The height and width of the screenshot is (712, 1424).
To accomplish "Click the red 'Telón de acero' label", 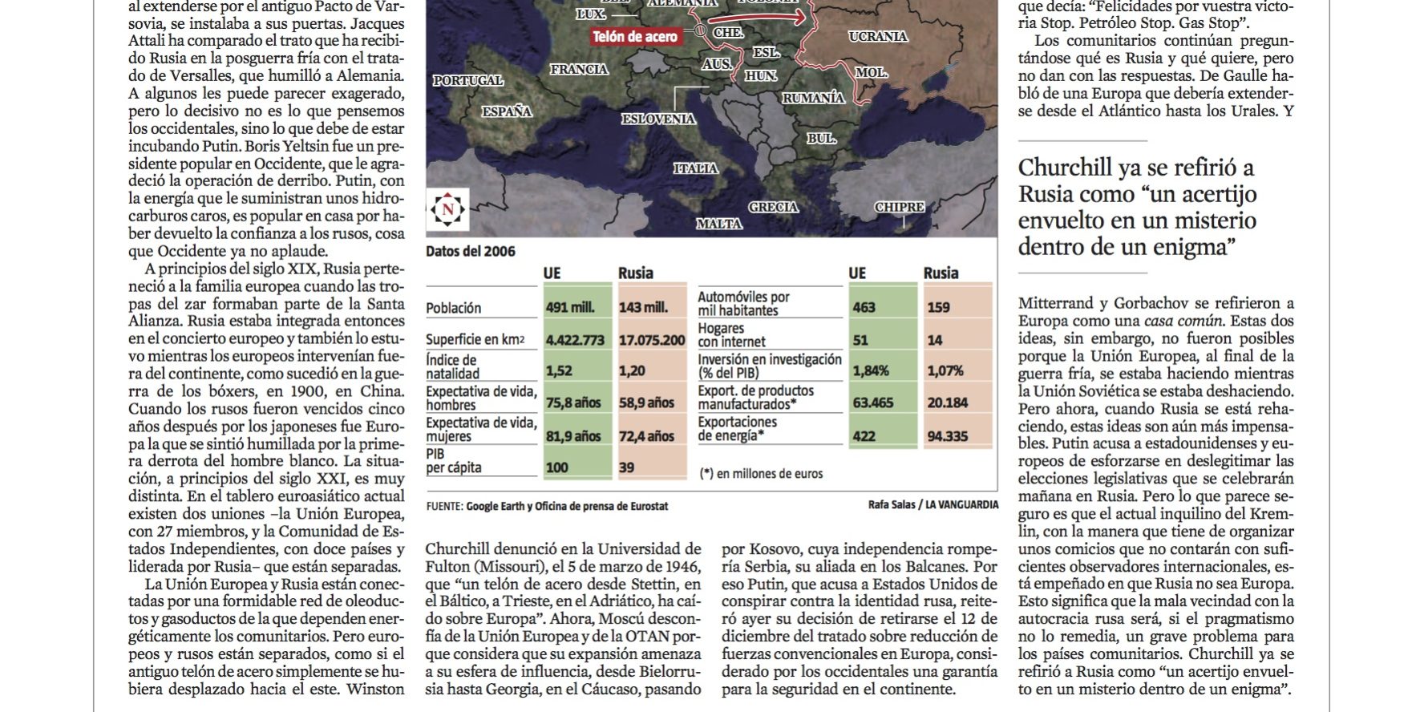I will pyautogui.click(x=635, y=36).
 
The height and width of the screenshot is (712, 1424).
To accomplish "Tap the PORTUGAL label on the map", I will pyautogui.click(x=468, y=80).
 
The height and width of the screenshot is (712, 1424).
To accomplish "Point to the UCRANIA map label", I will pyautogui.click(x=878, y=36).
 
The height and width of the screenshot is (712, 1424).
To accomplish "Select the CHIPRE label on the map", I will pyautogui.click(x=900, y=207).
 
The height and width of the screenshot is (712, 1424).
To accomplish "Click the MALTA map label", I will pyautogui.click(x=718, y=224).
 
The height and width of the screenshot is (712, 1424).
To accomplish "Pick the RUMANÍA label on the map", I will pyautogui.click(x=813, y=98).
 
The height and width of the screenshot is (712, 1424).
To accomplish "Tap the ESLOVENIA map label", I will pyautogui.click(x=658, y=119).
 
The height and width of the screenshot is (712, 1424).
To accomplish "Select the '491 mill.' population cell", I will pyautogui.click(x=568, y=308).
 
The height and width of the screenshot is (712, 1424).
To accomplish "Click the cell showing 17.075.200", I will pyautogui.click(x=651, y=340).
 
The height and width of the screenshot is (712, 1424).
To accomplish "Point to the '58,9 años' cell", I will pyautogui.click(x=647, y=403).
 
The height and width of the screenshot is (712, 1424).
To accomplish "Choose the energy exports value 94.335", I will pyautogui.click(x=947, y=436).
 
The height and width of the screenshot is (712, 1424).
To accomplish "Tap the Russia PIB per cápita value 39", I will pyautogui.click(x=627, y=467).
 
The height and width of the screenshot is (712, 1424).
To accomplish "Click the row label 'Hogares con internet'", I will pyautogui.click(x=731, y=335).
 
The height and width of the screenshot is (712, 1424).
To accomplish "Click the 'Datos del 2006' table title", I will pyautogui.click(x=471, y=252).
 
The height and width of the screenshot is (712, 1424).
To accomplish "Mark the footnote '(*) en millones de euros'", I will pyautogui.click(x=761, y=474).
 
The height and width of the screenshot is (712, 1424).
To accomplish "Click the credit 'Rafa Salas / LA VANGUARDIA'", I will pyautogui.click(x=932, y=504).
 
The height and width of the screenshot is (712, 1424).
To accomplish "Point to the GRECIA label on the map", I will pyautogui.click(x=773, y=207).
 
